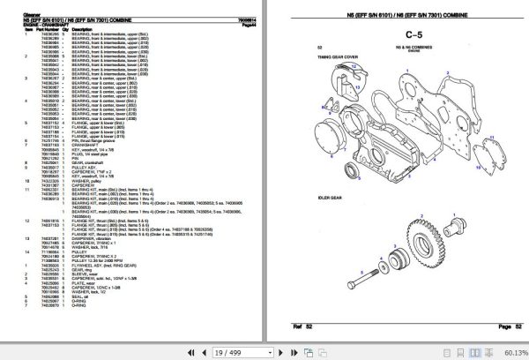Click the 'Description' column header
tap(82, 27)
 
